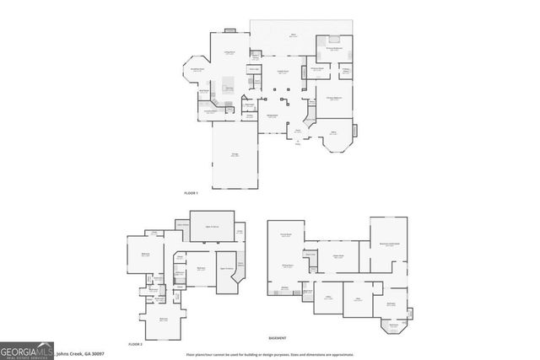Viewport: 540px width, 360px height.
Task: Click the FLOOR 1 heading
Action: tap(191, 193)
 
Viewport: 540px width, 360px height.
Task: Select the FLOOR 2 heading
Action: tap(135, 344)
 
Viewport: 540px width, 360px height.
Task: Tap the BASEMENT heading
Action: tap(277, 336)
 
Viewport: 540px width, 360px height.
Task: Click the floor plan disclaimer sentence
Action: tap(271, 354)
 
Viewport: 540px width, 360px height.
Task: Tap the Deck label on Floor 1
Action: tap(294, 35)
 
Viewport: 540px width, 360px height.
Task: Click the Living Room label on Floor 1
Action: tap(228, 54)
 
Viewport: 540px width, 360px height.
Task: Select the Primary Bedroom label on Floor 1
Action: tap(334, 99)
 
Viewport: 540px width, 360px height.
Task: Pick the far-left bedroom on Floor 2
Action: tap(145, 254)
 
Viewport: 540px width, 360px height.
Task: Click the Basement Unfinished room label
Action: tap(389, 243)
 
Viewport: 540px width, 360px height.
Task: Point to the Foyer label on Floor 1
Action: tap(297, 131)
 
